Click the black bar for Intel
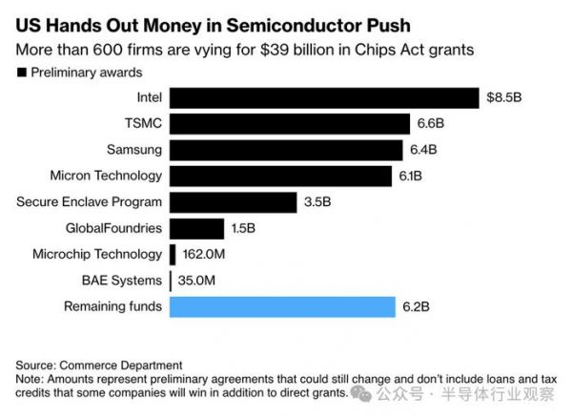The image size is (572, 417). (323, 98)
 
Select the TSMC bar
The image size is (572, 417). (287, 124)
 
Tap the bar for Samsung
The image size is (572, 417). (285, 150)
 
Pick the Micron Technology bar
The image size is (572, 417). (280, 176)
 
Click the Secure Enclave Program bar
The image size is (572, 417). (233, 202)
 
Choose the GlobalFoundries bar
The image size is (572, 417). (197, 228)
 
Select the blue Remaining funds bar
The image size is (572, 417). (281, 306)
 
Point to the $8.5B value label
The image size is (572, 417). (504, 98)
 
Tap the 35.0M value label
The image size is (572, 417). (197, 281)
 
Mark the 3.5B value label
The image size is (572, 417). (317, 202)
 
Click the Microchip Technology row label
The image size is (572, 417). (97, 255)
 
